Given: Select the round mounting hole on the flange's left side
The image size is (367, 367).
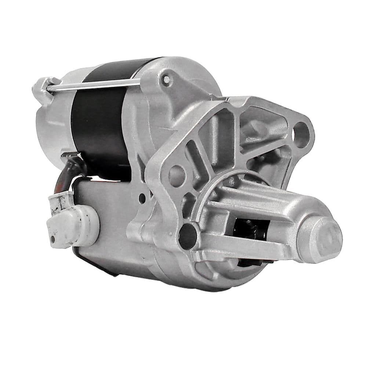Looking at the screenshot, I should click(177, 175).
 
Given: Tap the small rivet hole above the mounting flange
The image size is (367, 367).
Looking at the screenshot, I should click(167, 79).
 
